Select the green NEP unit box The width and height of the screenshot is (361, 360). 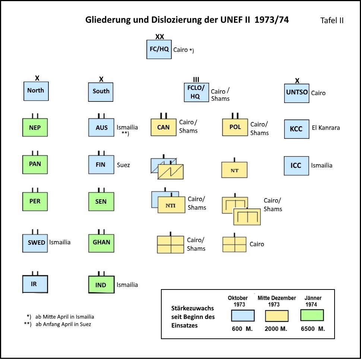point(35,128)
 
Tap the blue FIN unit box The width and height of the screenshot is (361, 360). point(101,165)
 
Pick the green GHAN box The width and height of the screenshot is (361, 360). point(101,242)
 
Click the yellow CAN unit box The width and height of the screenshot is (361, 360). point(163,127)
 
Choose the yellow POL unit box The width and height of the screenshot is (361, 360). point(235,127)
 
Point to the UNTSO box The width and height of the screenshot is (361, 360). point(297,92)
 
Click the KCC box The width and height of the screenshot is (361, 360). point(297,129)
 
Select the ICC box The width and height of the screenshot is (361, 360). point(297,165)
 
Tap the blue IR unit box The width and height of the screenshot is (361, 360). point(35,284)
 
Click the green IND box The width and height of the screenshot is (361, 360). point(101,285)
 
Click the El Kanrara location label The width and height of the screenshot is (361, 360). point(326,128)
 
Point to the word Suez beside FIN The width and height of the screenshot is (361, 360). point(123,165)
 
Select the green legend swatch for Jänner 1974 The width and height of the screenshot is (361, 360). point(312,315)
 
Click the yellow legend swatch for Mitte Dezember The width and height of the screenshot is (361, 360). point(277,316)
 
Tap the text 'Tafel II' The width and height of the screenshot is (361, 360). point(332,21)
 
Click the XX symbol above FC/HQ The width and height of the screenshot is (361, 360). point(159,37)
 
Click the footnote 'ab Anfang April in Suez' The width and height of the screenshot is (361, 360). point(63,324)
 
